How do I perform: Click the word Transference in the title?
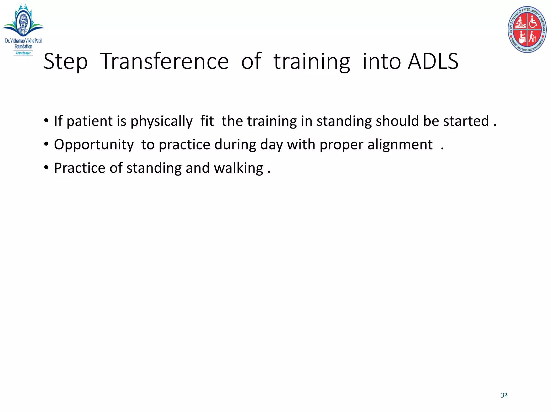[x=164, y=62]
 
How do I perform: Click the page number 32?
[x=504, y=395]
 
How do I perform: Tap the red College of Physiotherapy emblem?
[x=527, y=30]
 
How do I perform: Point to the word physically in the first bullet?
[x=161, y=122]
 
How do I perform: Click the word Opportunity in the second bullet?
[x=94, y=145]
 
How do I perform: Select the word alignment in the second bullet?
[x=400, y=145]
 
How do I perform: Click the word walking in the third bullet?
[x=238, y=169]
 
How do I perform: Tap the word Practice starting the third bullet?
[x=80, y=168]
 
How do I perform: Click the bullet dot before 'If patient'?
[x=47, y=121]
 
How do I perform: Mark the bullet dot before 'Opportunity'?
[x=47, y=144]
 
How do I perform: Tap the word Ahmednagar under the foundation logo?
[x=23, y=53]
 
